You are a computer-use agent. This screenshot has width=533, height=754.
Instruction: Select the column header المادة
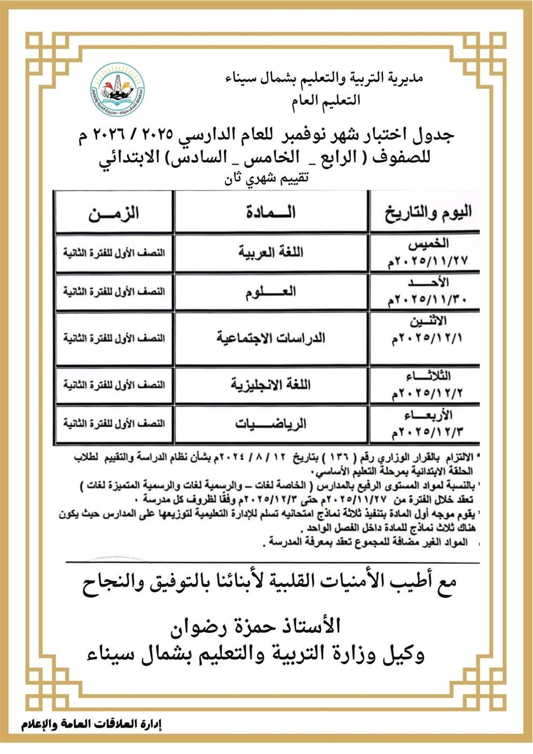click(271, 212)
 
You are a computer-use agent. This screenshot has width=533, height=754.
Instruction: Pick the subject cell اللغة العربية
click(271, 252)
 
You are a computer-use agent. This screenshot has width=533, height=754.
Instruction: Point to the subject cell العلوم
click(271, 292)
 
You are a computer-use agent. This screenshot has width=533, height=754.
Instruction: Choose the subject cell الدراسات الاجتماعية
click(271, 339)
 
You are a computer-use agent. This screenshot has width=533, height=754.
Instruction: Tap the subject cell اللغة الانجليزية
click(271, 385)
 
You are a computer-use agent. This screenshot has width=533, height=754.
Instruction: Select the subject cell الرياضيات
click(271, 424)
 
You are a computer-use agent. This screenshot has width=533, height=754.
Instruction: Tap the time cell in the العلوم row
click(114, 292)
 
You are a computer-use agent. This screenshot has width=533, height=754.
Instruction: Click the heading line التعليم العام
click(326, 100)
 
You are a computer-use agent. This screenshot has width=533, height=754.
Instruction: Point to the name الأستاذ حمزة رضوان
click(255, 626)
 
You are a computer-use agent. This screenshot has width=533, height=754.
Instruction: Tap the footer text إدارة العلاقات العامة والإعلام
click(92, 724)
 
